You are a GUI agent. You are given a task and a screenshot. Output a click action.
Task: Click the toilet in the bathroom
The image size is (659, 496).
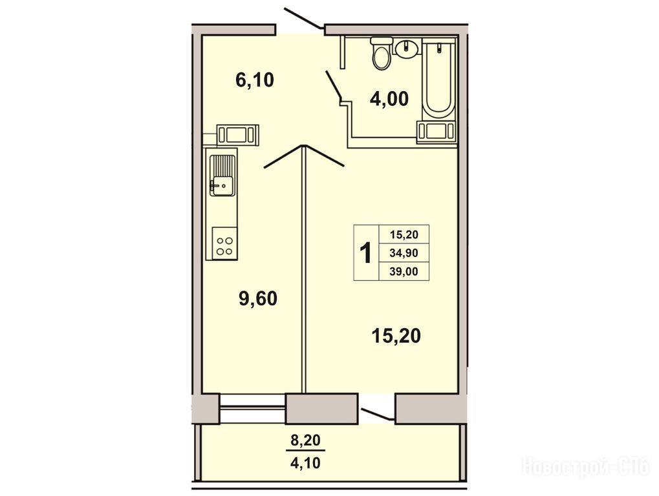(382, 53)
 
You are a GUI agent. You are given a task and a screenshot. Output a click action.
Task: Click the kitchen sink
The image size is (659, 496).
(222, 175)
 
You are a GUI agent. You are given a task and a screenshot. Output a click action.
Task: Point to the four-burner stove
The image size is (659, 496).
(224, 243)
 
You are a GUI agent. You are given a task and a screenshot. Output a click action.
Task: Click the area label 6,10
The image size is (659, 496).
(255, 79)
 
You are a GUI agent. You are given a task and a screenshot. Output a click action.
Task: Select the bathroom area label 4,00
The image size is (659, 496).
(389, 99)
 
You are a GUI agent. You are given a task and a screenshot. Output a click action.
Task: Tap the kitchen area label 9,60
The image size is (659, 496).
(258, 299)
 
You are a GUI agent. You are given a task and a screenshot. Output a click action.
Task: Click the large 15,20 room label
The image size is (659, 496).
(396, 336)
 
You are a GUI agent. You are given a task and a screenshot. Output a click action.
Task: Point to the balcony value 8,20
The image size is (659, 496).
(305, 440)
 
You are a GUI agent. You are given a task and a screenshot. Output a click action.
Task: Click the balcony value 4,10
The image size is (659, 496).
(305, 463)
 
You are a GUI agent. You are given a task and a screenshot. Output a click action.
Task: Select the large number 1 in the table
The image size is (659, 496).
(366, 253)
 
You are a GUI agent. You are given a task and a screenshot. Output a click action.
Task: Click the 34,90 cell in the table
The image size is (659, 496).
(404, 253)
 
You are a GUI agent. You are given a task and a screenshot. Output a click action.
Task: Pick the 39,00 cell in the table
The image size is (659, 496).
(404, 271)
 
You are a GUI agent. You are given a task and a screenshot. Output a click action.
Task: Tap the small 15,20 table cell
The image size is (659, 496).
(404, 234)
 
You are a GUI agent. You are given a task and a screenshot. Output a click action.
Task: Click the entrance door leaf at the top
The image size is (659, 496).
(304, 18)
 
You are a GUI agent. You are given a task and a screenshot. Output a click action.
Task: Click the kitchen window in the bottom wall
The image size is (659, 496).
(252, 408)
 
